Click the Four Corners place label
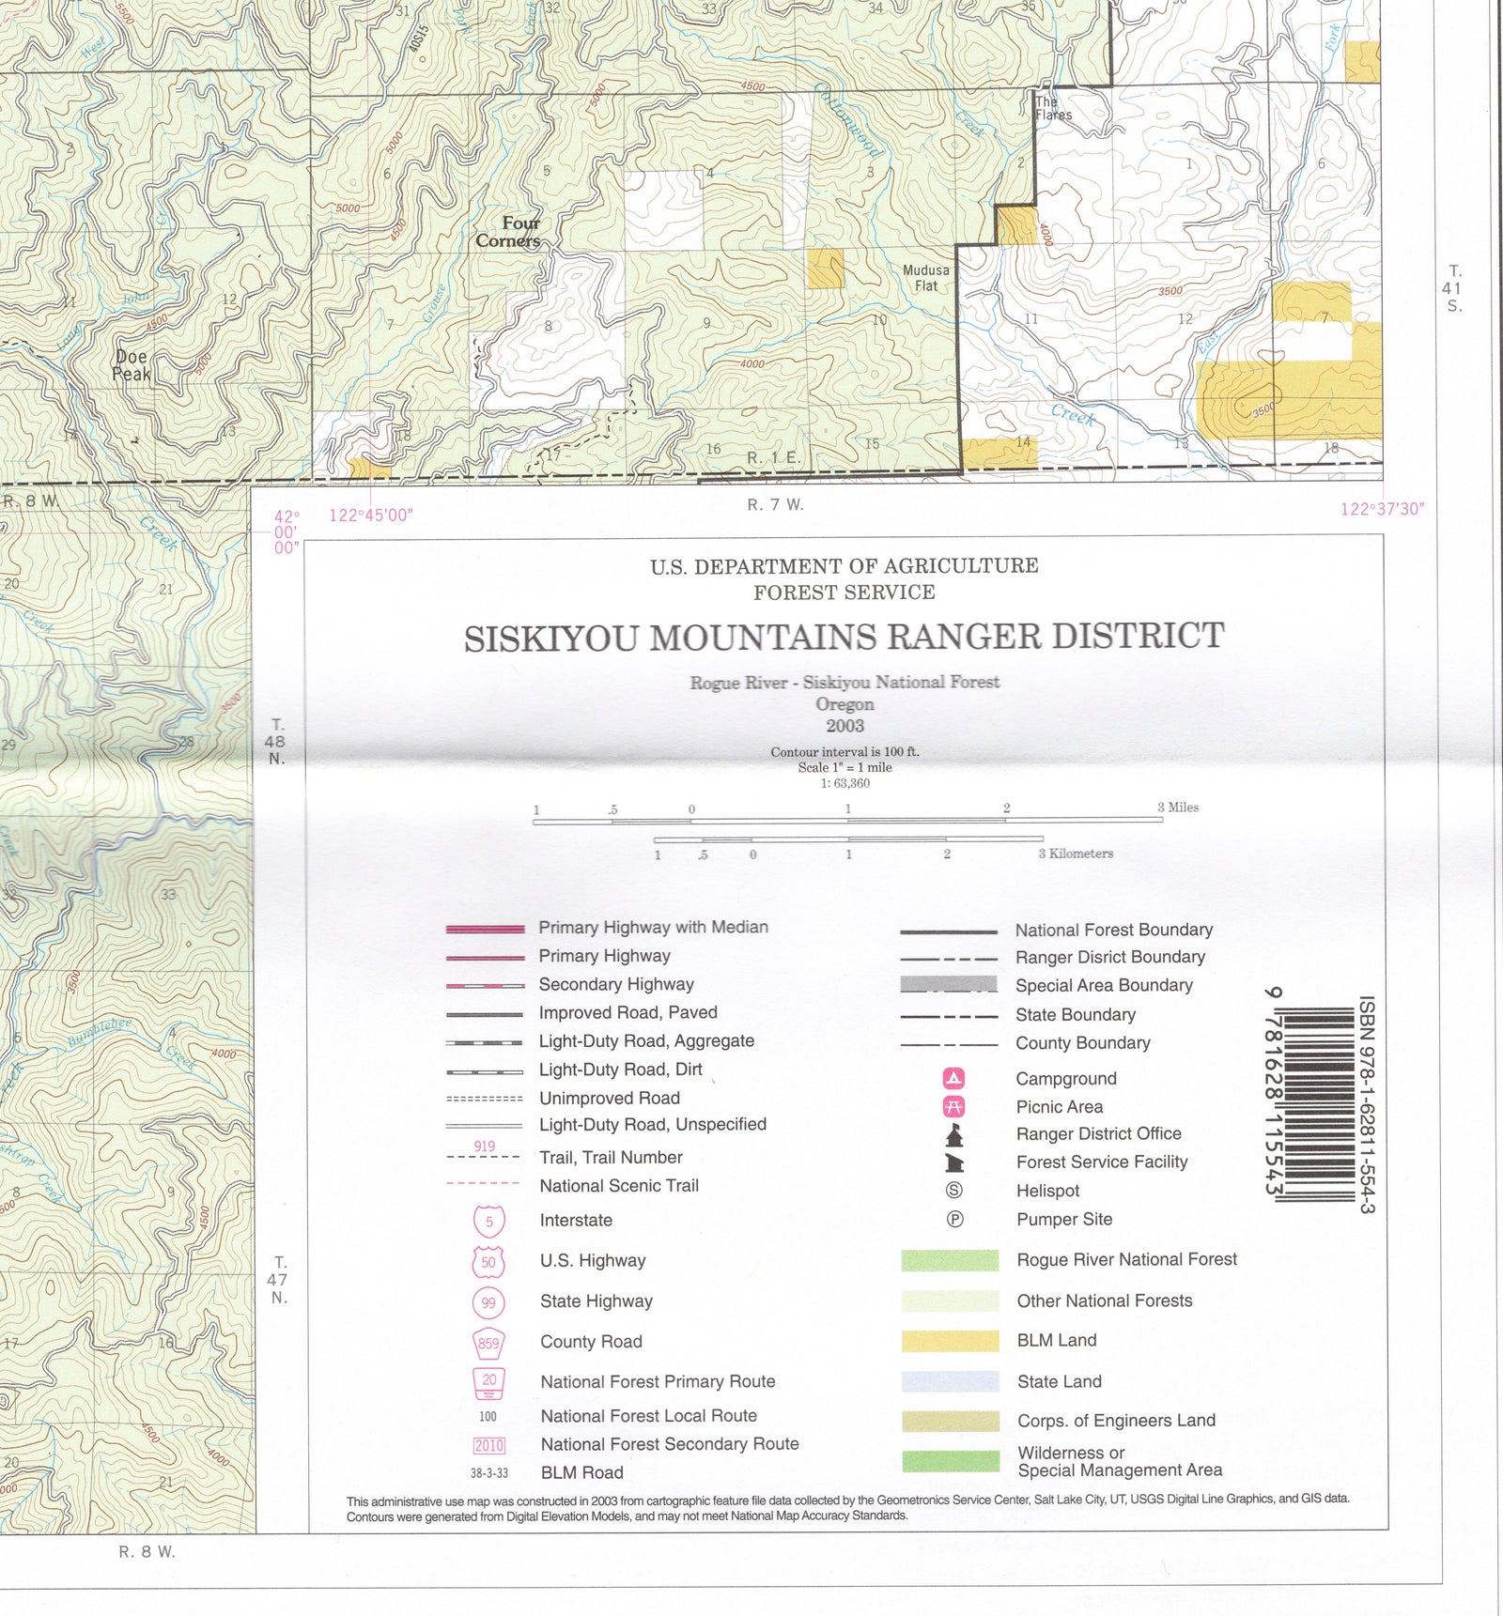(x=508, y=232)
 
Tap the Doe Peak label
(x=132, y=365)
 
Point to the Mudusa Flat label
(x=925, y=277)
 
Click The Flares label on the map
(x=1052, y=108)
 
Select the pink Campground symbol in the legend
(x=953, y=1078)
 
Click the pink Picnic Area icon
(x=953, y=1106)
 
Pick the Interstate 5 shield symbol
(x=488, y=1221)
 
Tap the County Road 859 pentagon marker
(x=488, y=1343)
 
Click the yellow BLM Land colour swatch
(x=950, y=1341)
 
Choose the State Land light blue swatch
(x=950, y=1381)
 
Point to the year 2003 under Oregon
(x=844, y=726)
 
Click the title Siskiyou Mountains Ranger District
(x=844, y=637)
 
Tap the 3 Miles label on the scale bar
(x=1177, y=808)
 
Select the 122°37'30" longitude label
(x=1381, y=509)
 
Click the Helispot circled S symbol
(x=953, y=1191)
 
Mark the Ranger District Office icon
(x=954, y=1135)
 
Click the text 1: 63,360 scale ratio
(x=844, y=783)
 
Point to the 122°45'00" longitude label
(x=370, y=516)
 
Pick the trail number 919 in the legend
(x=484, y=1146)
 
